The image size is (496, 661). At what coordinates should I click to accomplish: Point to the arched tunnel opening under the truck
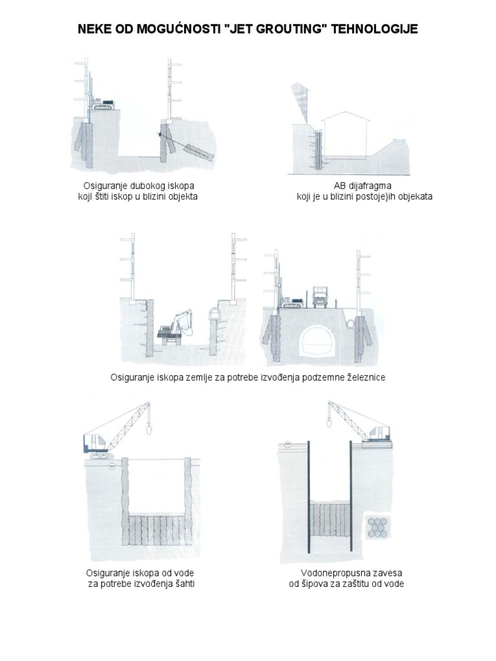(x=316, y=340)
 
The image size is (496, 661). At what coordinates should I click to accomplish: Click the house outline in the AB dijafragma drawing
(x=345, y=134)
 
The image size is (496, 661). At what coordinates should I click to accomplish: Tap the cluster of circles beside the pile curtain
(x=377, y=527)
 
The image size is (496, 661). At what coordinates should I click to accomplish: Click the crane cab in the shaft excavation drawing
(x=96, y=443)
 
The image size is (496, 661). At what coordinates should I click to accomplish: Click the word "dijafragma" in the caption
(x=370, y=186)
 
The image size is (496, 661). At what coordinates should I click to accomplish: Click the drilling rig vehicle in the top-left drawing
(x=104, y=105)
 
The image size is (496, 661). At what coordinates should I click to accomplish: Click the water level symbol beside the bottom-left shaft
(x=111, y=466)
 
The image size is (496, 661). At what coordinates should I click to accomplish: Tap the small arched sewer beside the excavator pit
(x=214, y=314)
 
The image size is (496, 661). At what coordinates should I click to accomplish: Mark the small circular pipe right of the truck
(x=351, y=323)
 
